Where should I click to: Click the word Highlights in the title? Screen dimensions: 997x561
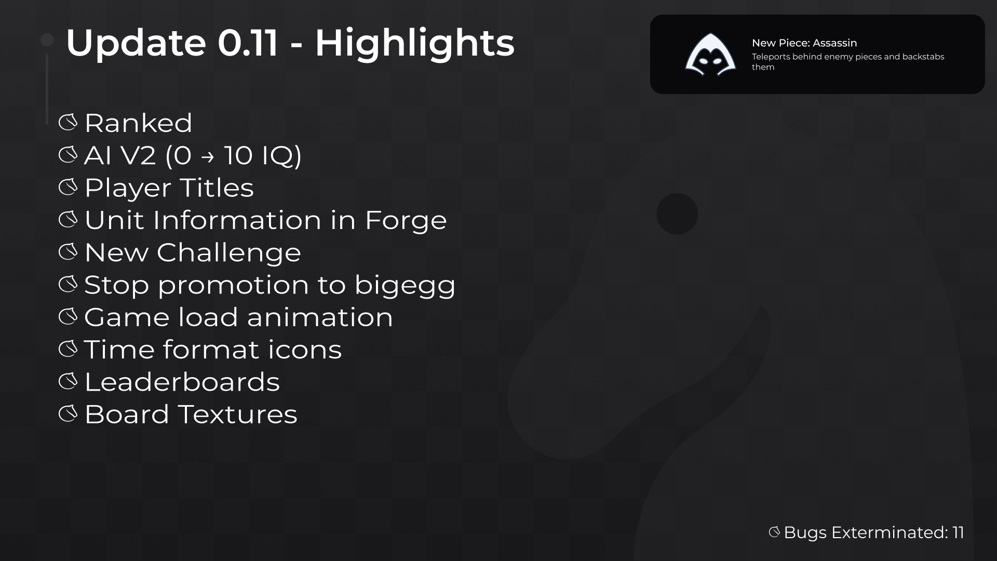tap(414, 43)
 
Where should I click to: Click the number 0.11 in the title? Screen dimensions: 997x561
tap(248, 43)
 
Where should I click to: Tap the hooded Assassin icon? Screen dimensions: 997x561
tap(710, 54)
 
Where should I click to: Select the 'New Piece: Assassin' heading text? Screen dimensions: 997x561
tap(804, 43)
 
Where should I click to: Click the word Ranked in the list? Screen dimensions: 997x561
tap(138, 123)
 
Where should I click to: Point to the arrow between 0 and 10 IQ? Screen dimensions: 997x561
tap(207, 156)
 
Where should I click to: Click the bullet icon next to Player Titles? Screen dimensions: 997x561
tap(68, 187)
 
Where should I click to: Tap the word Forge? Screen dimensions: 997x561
tap(406, 221)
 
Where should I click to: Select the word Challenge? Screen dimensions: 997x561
tap(228, 253)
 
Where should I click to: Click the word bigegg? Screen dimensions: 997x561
tap(405, 286)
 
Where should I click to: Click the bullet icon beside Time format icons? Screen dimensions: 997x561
tap(68, 349)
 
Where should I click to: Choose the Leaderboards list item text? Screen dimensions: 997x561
tap(182, 382)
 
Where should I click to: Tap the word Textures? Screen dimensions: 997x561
tap(238, 415)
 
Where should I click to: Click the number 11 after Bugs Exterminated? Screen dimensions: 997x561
tap(958, 532)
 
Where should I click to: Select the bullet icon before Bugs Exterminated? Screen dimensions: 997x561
tap(774, 532)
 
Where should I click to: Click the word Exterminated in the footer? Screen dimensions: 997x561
tap(890, 532)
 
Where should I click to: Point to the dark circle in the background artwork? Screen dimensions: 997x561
tap(677, 214)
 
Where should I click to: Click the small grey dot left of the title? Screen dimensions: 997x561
tap(47, 40)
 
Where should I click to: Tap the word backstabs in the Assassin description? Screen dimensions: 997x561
tap(923, 57)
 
